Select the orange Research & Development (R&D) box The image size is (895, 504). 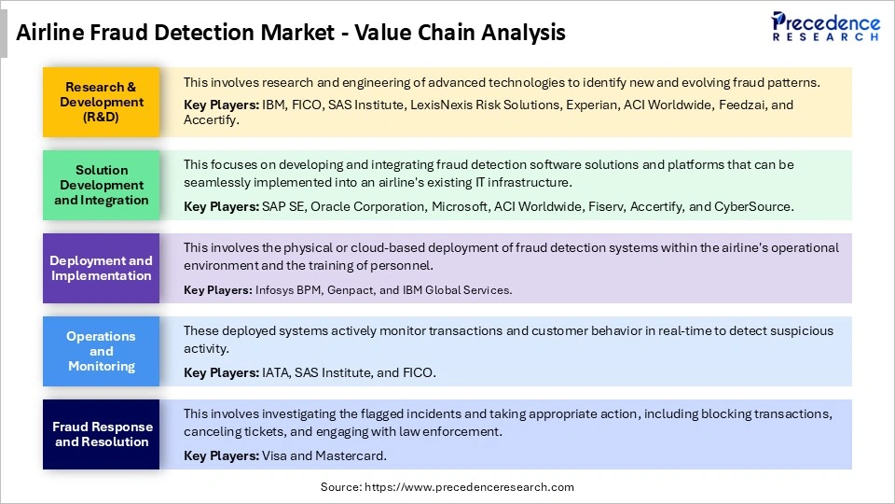point(102,102)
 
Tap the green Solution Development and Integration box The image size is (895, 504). point(102,185)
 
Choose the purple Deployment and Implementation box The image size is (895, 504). point(102,268)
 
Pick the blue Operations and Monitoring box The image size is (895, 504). point(102,351)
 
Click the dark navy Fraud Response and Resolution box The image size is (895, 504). point(102,434)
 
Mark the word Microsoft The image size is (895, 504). point(461,206)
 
